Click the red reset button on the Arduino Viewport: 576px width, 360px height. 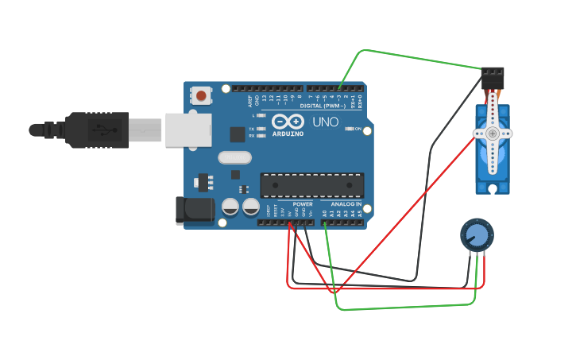(201, 96)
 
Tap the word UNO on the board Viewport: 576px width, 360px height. (325, 122)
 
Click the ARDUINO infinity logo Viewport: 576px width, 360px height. (287, 122)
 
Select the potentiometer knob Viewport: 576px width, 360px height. (477, 234)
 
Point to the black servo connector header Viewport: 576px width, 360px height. (493, 78)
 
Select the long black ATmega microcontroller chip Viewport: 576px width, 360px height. (312, 184)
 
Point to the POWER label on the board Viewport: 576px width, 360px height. (303, 203)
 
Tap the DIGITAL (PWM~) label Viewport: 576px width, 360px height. (323, 105)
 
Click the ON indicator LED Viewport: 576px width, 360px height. (350, 129)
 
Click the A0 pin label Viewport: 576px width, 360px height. (324, 213)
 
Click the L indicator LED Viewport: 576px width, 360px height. (262, 115)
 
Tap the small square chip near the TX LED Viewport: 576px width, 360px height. (237, 134)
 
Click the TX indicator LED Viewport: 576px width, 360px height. (262, 128)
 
